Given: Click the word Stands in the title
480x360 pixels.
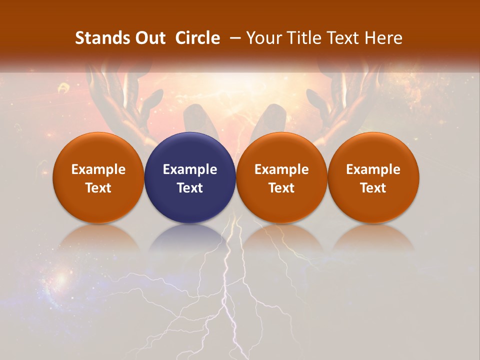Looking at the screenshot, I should [x=99, y=38].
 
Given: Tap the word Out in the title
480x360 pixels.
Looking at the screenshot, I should [x=148, y=38].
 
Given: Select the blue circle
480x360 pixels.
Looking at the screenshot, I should [x=189, y=177].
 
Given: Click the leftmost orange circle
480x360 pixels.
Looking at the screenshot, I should [x=98, y=177].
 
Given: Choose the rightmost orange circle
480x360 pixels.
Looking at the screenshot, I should [x=373, y=177].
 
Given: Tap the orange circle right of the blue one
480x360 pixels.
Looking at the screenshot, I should [x=281, y=177].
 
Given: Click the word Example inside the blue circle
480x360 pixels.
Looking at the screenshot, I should [x=189, y=169].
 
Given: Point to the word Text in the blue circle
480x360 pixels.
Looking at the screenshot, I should [x=189, y=188].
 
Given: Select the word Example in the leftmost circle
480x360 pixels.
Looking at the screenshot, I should [x=98, y=169].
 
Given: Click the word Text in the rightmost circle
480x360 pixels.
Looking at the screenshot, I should [x=373, y=188].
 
